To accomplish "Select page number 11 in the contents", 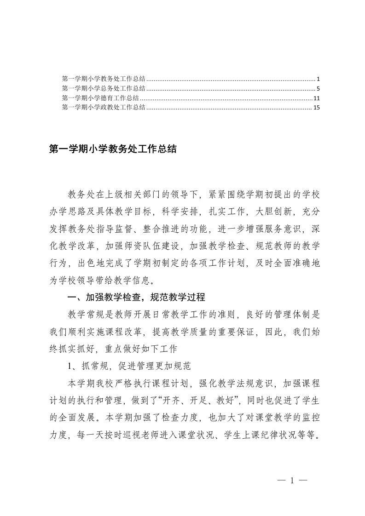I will [x=310, y=98].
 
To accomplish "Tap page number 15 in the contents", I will [x=310, y=108].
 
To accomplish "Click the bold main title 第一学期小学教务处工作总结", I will [x=113, y=149].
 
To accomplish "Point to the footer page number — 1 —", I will [x=292, y=481].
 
